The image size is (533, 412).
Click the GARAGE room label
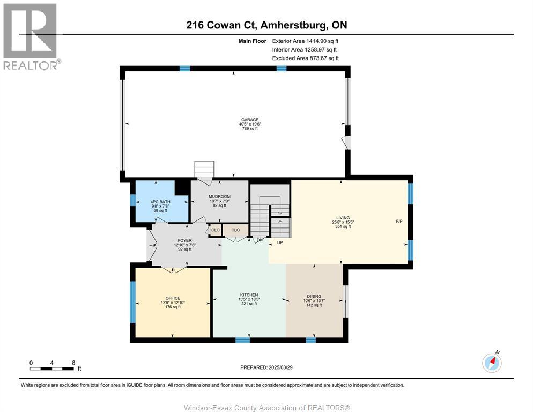coord(250,120)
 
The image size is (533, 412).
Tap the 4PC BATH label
coord(160,202)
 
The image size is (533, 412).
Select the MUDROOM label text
coord(220,197)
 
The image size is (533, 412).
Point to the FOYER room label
coord(184,240)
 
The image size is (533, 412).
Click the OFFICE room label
coord(173,298)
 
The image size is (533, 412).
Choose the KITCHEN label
coord(249,295)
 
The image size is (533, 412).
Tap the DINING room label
coord(314,296)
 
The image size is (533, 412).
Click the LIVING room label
coord(343,218)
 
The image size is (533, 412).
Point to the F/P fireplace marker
coord(399,222)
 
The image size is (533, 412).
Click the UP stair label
coord(280,242)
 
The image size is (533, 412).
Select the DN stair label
coord(260,240)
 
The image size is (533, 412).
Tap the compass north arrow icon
coord(492,363)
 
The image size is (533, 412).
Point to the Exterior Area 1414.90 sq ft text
coord(305,41)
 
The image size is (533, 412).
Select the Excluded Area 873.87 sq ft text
coord(306,58)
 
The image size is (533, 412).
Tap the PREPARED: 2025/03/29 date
coord(266,367)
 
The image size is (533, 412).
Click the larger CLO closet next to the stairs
coord(235,230)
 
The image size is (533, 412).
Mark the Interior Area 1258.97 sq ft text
coord(305,50)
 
